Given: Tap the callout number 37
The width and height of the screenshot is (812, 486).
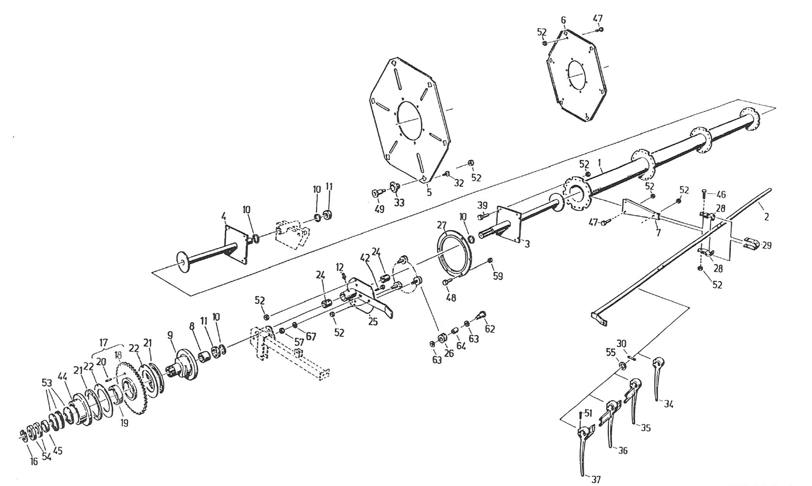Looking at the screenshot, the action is tap(596, 480).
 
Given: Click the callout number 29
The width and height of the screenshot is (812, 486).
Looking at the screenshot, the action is tap(766, 246).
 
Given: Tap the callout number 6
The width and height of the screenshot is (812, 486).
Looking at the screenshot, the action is tap(563, 20).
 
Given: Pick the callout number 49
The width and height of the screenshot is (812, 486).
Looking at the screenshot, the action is tap(379, 209).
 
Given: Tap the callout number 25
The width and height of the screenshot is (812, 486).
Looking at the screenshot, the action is tap(373, 322).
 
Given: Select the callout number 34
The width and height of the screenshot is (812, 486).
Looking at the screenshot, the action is tap(668, 404).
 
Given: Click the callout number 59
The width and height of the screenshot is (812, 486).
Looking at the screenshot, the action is tap(498, 276).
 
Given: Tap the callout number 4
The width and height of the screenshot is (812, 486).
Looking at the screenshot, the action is tap(224, 217).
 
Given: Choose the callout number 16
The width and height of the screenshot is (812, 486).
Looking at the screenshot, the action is tap(33, 461).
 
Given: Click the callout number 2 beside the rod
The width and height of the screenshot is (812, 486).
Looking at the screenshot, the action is tap(766, 217).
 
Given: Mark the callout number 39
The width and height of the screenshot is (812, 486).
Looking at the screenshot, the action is tap(482, 205).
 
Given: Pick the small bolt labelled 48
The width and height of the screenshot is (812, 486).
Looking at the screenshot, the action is tap(446, 281).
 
